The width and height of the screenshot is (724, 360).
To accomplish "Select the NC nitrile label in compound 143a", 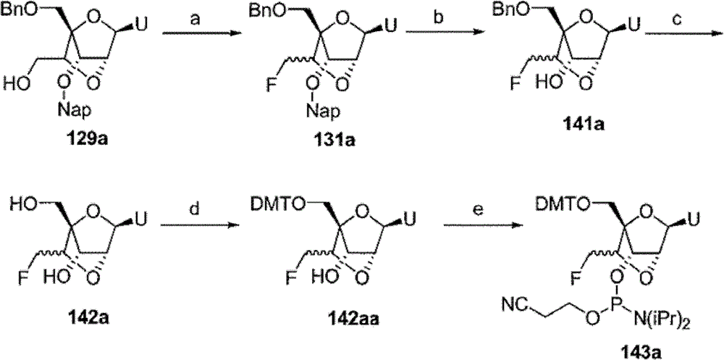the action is point(513,304).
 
